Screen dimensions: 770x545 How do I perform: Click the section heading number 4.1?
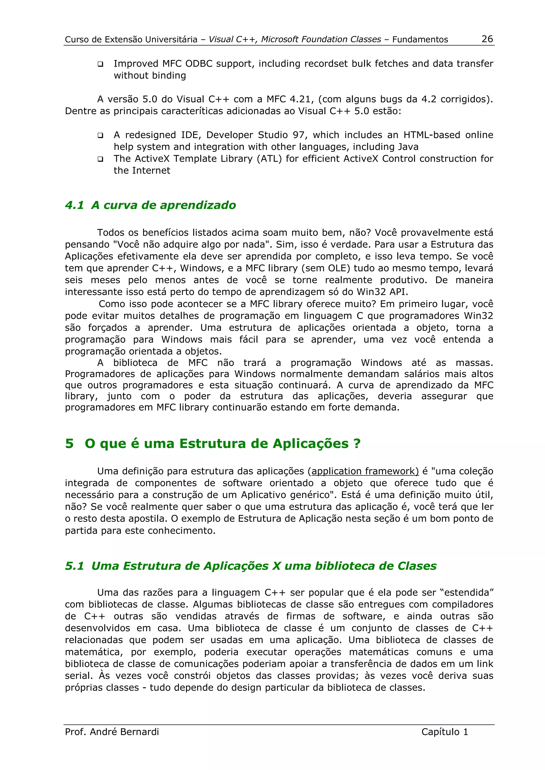74,205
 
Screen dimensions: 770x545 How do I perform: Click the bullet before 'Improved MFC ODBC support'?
100,64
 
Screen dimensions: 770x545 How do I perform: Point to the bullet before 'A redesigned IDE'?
100,136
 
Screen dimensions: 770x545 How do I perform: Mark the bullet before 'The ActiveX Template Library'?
100,159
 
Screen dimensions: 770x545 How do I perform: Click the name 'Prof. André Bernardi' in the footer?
112,732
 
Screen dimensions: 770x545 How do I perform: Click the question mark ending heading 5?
357,444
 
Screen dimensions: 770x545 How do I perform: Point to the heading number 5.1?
74,566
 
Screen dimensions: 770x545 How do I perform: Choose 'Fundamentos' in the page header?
420,40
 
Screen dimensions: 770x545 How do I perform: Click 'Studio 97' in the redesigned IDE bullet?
281,135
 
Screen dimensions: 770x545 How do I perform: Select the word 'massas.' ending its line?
474,363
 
